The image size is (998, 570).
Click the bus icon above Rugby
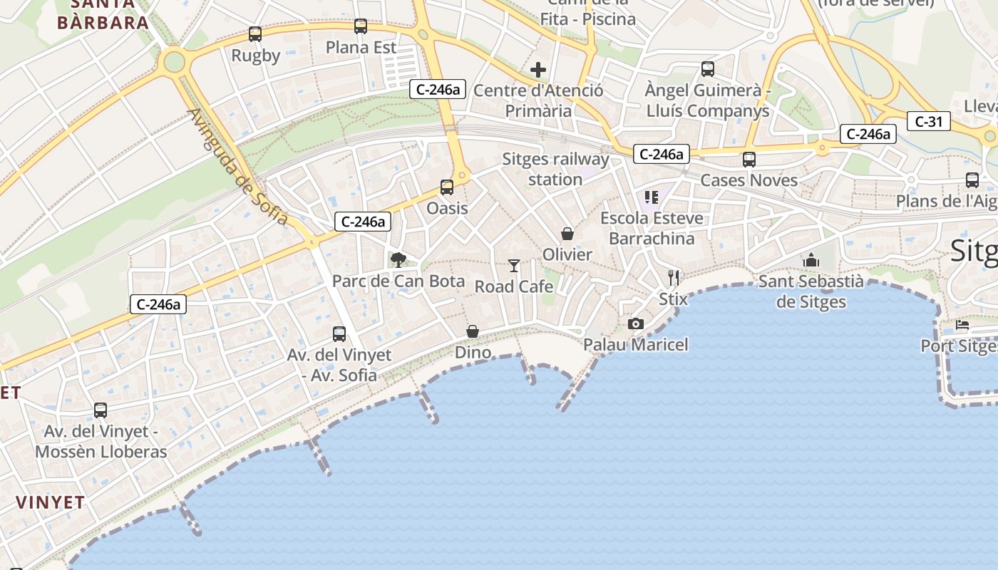click(254, 33)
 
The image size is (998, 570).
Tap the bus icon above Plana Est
click(361, 26)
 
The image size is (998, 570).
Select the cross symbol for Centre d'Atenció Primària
click(538, 70)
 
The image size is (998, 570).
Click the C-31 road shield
click(929, 122)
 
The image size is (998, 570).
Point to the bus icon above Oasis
click(447, 187)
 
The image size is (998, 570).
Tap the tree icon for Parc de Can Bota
click(398, 260)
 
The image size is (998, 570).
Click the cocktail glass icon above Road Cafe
click(514, 266)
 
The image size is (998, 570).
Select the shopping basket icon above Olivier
click(567, 234)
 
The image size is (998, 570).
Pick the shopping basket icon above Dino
click(473, 331)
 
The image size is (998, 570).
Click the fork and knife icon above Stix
click(674, 277)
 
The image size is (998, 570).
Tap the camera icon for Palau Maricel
click(636, 324)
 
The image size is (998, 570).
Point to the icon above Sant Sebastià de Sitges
click(811, 261)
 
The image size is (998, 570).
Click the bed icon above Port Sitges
click(962, 326)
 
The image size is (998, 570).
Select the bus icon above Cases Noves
click(748, 160)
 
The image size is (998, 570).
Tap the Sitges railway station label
click(555, 169)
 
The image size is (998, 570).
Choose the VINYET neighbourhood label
click(51, 502)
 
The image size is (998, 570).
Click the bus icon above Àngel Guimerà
click(707, 69)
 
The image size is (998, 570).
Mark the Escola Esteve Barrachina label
click(652, 228)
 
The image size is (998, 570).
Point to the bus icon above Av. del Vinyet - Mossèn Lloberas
click(101, 410)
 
